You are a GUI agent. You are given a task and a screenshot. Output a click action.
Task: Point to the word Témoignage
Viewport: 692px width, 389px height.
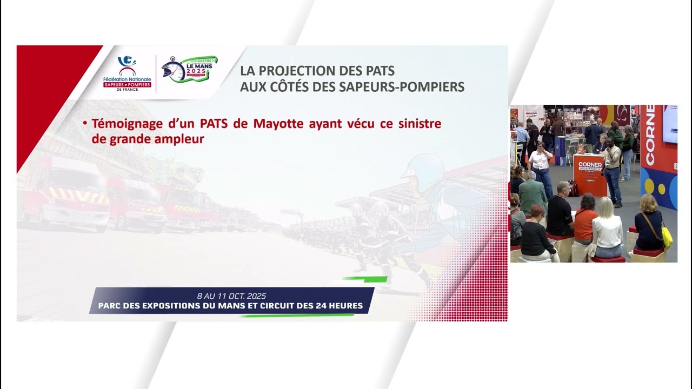click(127, 124)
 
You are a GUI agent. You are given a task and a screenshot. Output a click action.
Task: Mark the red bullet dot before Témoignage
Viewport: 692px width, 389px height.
click(85, 124)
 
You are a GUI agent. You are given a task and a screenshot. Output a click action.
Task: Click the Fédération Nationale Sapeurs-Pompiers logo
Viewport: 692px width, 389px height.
click(127, 73)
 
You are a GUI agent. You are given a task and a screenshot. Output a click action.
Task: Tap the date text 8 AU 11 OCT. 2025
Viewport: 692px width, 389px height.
click(231, 296)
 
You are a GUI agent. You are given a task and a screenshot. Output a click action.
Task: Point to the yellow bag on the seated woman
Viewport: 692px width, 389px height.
click(667, 237)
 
